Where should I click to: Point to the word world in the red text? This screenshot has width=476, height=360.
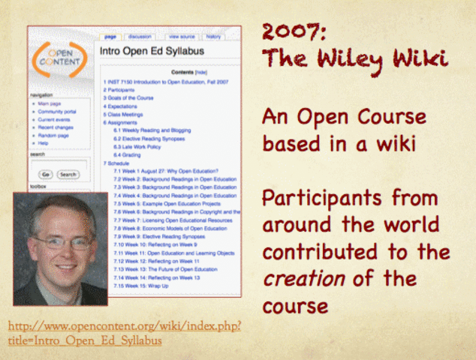point(402,226)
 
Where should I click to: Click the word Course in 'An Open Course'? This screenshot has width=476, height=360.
point(390,118)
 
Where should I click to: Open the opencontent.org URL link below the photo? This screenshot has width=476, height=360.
point(124,331)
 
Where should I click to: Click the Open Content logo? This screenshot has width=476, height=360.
point(62,61)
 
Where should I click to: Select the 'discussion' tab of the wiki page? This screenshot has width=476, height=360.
point(140,36)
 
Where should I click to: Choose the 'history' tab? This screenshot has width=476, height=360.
point(213,36)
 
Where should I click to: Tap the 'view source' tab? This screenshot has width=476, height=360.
point(182,36)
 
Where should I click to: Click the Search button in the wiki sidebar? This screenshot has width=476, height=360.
point(68,174)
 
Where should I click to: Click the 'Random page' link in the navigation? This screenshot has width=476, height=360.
point(52,135)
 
